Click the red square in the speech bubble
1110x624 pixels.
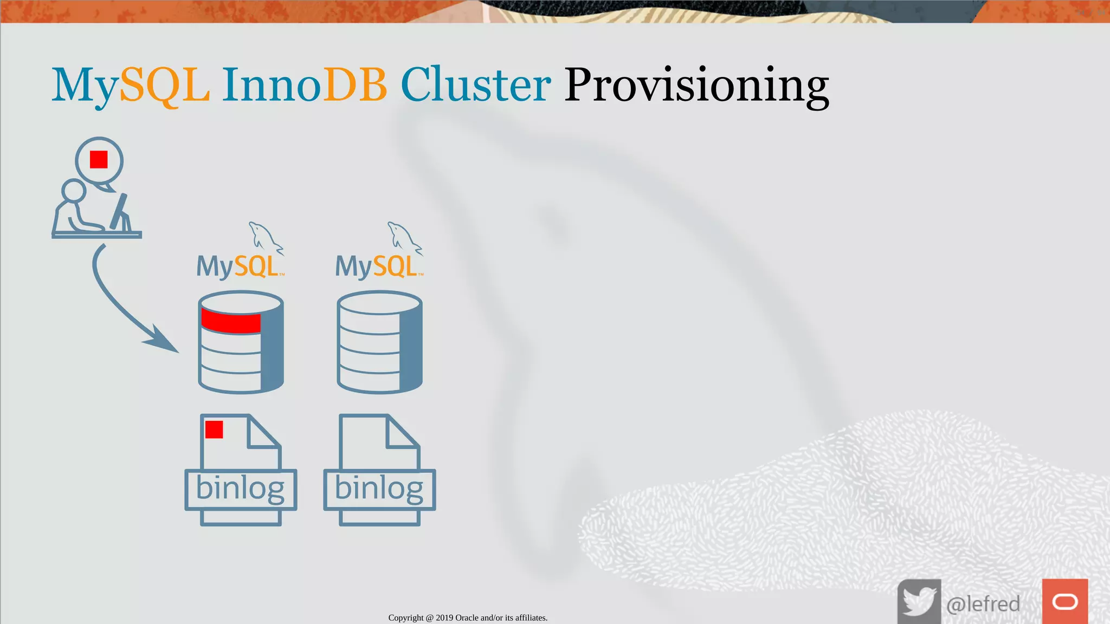[x=99, y=160]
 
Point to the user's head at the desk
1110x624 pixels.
[x=73, y=191]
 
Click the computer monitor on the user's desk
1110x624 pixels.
[x=120, y=212]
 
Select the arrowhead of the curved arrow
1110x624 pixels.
[x=163, y=341]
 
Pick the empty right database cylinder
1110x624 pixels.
[x=379, y=342]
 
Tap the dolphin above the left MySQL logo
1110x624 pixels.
[x=264, y=237]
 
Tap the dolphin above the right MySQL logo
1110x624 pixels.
[x=403, y=237]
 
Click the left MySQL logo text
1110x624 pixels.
[x=238, y=266]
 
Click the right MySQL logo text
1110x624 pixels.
[x=377, y=266]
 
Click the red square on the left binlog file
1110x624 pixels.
[x=214, y=430]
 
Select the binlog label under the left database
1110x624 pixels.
[x=240, y=489]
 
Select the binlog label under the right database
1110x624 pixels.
[x=379, y=489]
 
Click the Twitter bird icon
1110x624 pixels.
[x=919, y=601]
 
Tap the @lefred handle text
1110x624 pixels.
[x=983, y=603]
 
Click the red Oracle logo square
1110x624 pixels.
[x=1064, y=601]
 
